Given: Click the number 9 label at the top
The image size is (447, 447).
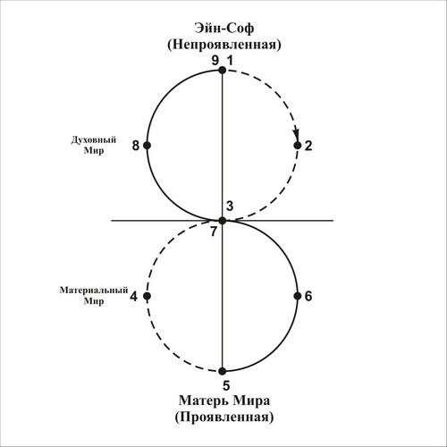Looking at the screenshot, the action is pyautogui.click(x=215, y=61).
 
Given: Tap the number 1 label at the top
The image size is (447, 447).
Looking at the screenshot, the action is pyautogui.click(x=230, y=61).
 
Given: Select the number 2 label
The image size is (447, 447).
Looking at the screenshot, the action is pyautogui.click(x=308, y=146).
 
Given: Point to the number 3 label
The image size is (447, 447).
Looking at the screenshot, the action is pyautogui.click(x=230, y=206).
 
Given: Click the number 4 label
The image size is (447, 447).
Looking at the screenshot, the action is pyautogui.click(x=133, y=297).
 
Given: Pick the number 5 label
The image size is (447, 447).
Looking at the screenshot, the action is pyautogui.click(x=226, y=385).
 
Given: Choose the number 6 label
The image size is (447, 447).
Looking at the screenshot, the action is pyautogui.click(x=308, y=296).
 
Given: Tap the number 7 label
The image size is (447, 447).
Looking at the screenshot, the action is pyautogui.click(x=214, y=232).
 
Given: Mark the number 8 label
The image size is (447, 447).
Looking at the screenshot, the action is pyautogui.click(x=136, y=146).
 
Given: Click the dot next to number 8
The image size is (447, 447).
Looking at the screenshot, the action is pyautogui.click(x=147, y=146).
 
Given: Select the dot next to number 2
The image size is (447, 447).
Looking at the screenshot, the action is pyautogui.click(x=298, y=146).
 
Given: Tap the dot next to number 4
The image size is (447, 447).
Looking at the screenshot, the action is pyautogui.click(x=147, y=296).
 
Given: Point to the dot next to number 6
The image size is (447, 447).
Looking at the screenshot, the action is pyautogui.click(x=298, y=296).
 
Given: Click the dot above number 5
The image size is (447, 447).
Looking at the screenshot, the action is pyautogui.click(x=222, y=371).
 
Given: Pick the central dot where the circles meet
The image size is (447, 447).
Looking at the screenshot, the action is pyautogui.click(x=222, y=221).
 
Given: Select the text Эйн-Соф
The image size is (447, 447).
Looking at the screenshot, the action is pyautogui.click(x=224, y=29).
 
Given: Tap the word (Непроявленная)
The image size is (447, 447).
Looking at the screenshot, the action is pyautogui.click(x=224, y=45).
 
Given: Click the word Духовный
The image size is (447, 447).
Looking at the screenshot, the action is pyautogui.click(x=94, y=140).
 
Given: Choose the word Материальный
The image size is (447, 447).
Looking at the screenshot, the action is pyautogui.click(x=94, y=290).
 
